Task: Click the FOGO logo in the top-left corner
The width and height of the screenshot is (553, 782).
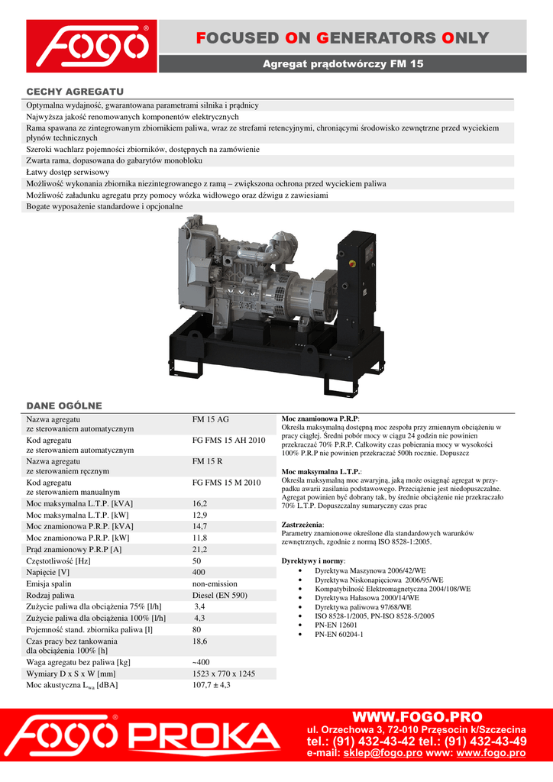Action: click(x=92, y=46)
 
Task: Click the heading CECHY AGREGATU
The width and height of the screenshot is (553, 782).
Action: click(x=75, y=91)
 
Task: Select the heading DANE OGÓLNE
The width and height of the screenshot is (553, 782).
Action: click(x=64, y=406)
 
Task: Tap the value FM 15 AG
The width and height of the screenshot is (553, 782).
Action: click(x=211, y=419)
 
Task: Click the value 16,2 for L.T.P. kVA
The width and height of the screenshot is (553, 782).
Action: click(x=200, y=504)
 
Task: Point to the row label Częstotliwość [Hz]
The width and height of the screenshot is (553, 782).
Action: click(x=59, y=561)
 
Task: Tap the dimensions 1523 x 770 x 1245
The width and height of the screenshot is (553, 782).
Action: click(x=224, y=674)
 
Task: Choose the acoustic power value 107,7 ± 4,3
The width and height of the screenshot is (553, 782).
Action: click(x=212, y=685)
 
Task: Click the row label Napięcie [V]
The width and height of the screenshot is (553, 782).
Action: click(x=48, y=572)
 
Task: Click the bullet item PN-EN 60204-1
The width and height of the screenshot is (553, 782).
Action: click(x=339, y=634)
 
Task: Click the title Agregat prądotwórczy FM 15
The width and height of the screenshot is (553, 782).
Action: click(x=342, y=64)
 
